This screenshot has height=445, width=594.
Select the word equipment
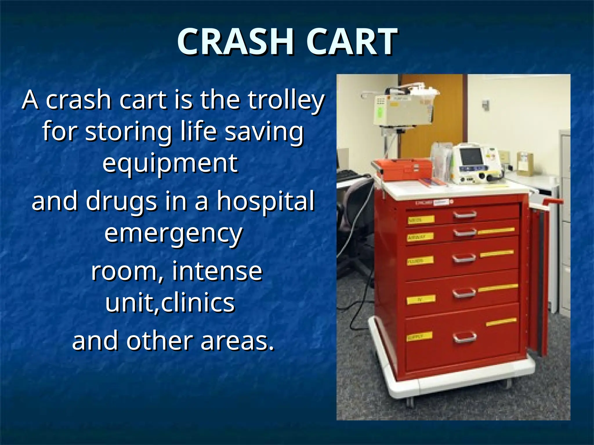[x=170, y=163]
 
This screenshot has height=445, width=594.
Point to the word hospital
[x=266, y=201]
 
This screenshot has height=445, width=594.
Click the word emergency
[x=173, y=234]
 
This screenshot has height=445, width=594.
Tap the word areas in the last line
[x=237, y=341]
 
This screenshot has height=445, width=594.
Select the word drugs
[x=122, y=201]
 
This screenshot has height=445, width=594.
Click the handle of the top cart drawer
[x=465, y=215]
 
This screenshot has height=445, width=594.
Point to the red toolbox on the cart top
[x=403, y=169]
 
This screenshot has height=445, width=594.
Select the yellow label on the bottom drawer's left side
[x=419, y=337]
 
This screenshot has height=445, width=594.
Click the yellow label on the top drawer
[x=421, y=220]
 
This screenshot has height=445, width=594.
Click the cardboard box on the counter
[x=525, y=164]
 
